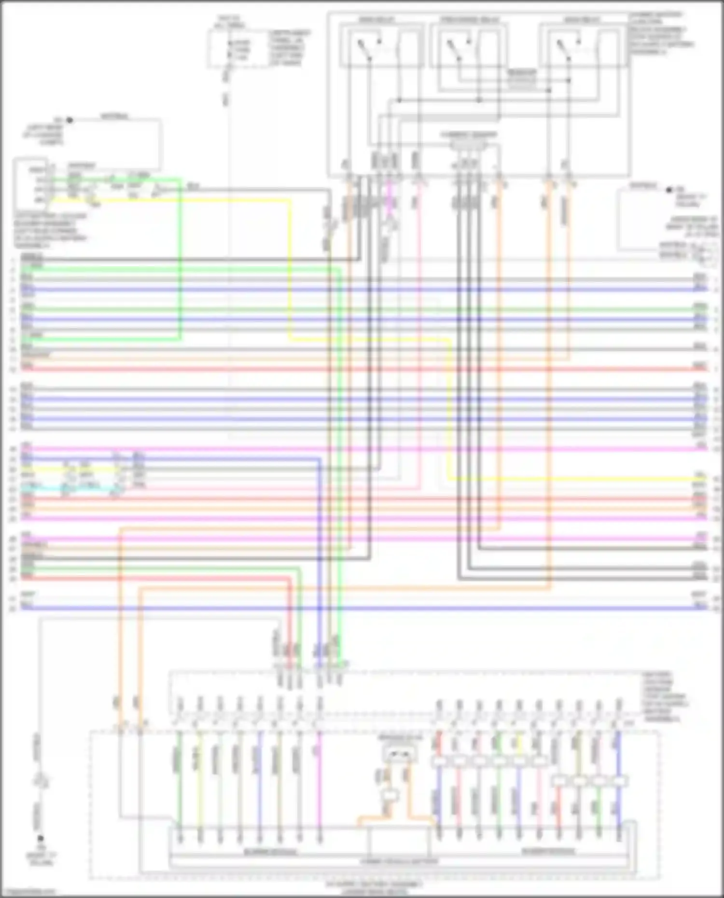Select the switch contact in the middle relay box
point(456,48)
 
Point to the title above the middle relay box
point(469,20)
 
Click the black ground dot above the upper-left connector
point(69,120)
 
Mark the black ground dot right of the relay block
point(669,190)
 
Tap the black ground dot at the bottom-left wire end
point(41,839)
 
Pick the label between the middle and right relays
point(521,80)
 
